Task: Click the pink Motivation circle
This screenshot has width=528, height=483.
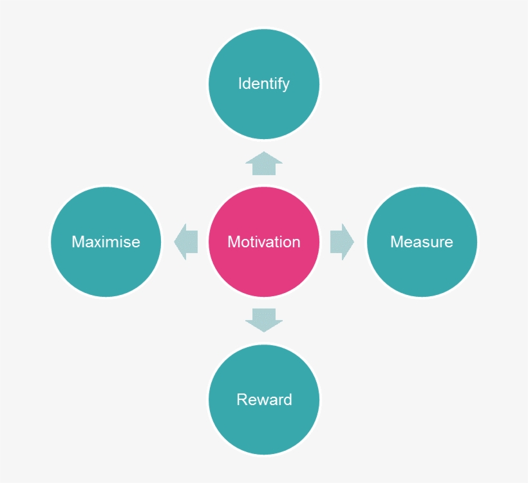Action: pos(264,270)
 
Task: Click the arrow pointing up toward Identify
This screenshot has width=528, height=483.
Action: pos(264,164)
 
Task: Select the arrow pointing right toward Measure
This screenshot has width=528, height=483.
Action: pos(341,242)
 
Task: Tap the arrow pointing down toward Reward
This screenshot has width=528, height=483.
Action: pos(264,319)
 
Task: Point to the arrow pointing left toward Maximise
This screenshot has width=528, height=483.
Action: pos(186,242)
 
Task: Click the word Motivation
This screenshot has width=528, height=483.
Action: pos(264,242)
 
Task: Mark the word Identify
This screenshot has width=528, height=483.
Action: pos(264,84)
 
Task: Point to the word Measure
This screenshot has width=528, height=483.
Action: pos(422,242)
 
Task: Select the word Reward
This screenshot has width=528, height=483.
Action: pos(264,400)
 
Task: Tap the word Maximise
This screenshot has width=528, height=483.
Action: pos(106,242)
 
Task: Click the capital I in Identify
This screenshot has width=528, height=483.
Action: pos(240,84)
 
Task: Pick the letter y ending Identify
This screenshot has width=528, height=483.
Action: pos(285,86)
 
